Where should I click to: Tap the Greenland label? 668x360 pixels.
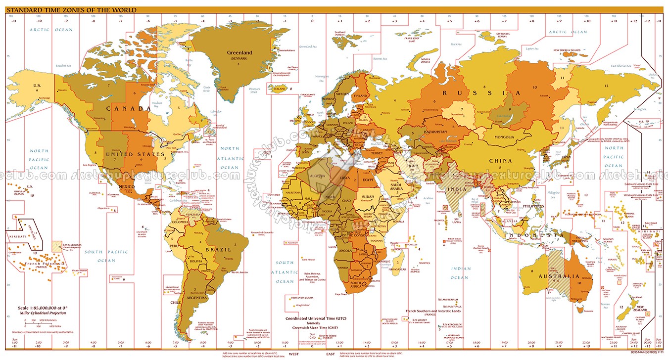pyautogui.click(x=239, y=53)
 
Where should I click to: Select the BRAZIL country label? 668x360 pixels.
pyautogui.click(x=218, y=250)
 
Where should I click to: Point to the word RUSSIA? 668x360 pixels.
pyautogui.click(x=482, y=93)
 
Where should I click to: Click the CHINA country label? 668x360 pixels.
pyautogui.click(x=501, y=161)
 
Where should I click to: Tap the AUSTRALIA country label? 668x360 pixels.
pyautogui.click(x=558, y=276)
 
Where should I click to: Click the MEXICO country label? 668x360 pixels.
pyautogui.click(x=127, y=186)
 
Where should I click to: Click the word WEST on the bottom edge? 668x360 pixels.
pyautogui.click(x=293, y=354)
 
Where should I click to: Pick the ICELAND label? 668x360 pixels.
pyautogui.click(x=280, y=89)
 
